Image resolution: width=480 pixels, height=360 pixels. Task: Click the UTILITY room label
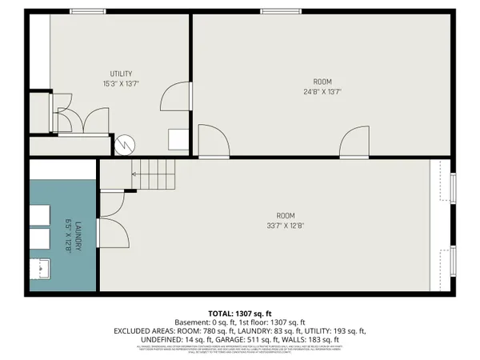tap(121, 74)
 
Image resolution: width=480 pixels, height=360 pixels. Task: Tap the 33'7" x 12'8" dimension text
tap(286, 225)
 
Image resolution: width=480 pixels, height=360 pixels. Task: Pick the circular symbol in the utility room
tap(124, 145)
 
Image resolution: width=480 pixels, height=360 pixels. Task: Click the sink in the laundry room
tap(40, 268)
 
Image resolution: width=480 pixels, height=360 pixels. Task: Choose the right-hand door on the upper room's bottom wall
tap(353, 146)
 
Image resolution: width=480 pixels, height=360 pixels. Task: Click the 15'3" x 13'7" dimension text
tap(121, 83)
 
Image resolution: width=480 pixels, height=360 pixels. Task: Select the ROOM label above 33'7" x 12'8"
tap(286, 215)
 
